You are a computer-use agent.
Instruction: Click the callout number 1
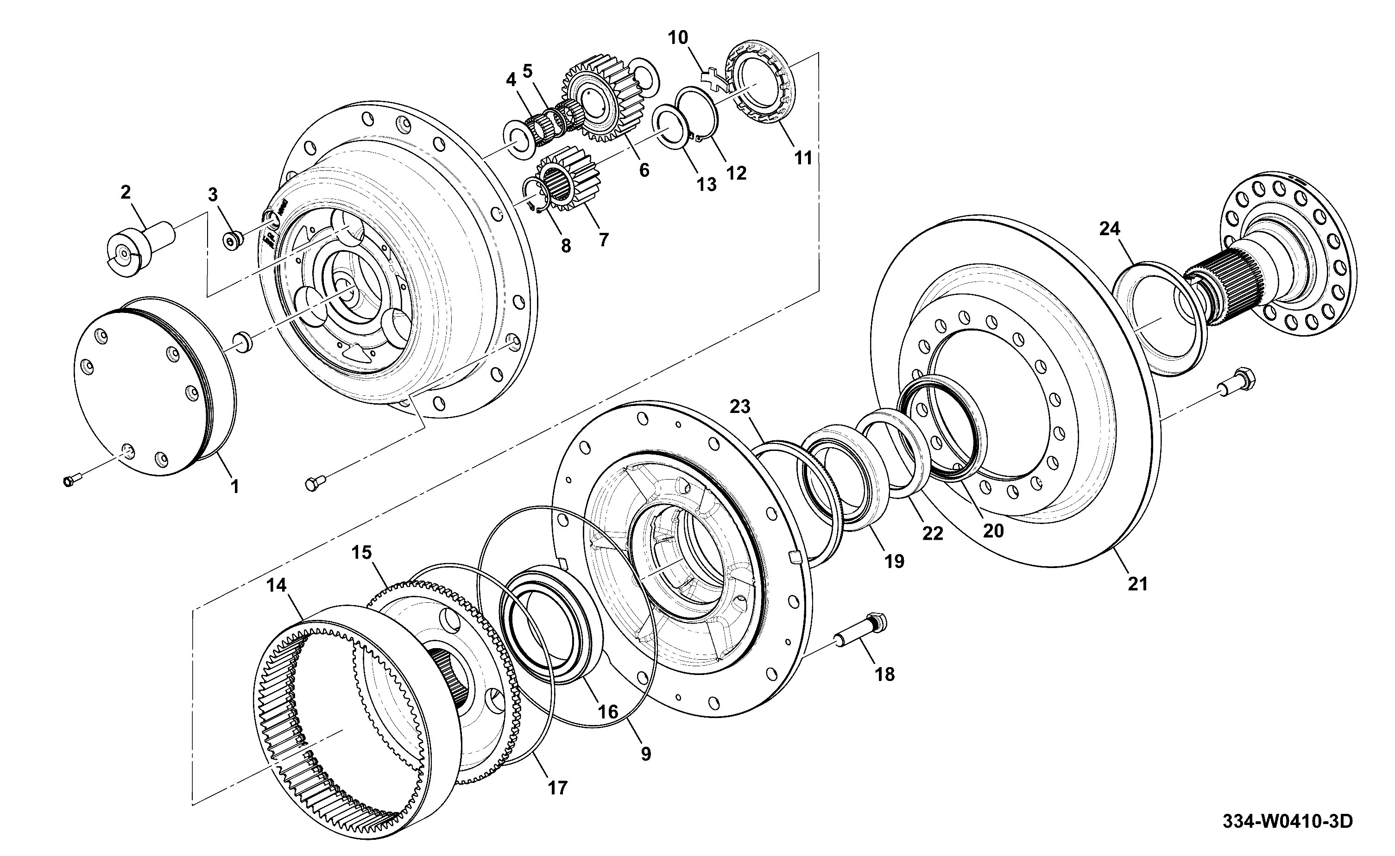pyautogui.click(x=234, y=486)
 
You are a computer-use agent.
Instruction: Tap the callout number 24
pyautogui.click(x=1110, y=229)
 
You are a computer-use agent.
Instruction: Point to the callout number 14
pyautogui.click(x=277, y=585)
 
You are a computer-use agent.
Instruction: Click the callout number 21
pyautogui.click(x=1137, y=584)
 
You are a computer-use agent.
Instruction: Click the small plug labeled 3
pyautogui.click(x=232, y=241)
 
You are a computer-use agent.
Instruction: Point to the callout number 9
pyautogui.click(x=646, y=754)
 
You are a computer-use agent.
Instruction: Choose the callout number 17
pyautogui.click(x=557, y=787)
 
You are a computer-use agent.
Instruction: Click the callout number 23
pyautogui.click(x=740, y=406)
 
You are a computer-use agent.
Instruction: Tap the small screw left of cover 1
pyautogui.click(x=72, y=481)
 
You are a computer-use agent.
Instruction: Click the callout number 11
pyautogui.click(x=803, y=158)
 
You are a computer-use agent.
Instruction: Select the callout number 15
pyautogui.click(x=361, y=552)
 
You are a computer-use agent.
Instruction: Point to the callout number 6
pyautogui.click(x=644, y=170)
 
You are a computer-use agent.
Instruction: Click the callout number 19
pyautogui.click(x=894, y=561)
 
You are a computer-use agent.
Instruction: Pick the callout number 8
pyautogui.click(x=565, y=246)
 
